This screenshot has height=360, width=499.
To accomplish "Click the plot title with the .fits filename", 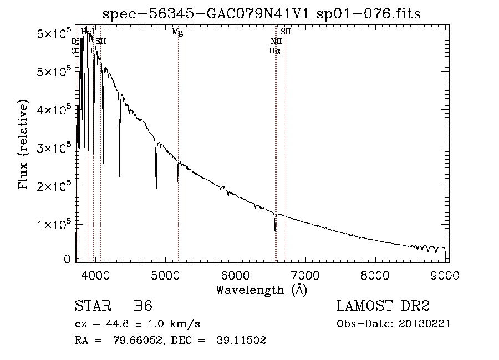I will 262,14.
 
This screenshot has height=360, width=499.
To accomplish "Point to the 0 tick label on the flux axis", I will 67,259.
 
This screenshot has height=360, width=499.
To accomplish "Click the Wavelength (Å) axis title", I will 261,289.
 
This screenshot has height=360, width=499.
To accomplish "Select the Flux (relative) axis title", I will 23,145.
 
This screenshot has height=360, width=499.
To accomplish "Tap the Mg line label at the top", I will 177,32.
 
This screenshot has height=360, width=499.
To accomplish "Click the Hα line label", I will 274,50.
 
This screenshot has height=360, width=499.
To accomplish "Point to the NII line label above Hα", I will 276,41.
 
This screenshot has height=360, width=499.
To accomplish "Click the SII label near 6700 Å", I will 286,32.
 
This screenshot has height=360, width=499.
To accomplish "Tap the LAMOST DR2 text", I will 383,306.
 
